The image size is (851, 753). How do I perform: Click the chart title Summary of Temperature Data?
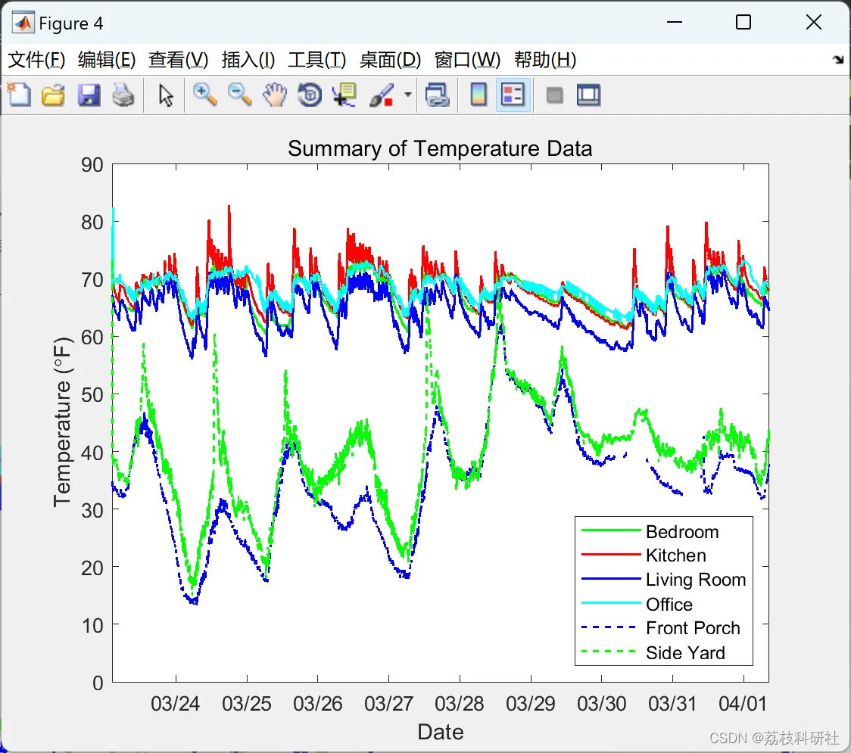point(439,148)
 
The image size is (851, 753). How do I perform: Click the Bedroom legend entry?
point(681,531)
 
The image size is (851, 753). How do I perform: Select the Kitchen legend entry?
point(675,555)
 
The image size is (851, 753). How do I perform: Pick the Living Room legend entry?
point(695,580)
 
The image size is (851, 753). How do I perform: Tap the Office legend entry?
point(669,604)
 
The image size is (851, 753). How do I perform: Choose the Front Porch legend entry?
point(692,628)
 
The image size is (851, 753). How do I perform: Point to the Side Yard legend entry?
point(684,652)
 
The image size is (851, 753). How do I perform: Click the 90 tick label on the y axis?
point(92,165)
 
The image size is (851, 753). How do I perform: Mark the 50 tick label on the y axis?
point(92,395)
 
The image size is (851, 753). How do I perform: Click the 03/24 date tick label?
point(175,704)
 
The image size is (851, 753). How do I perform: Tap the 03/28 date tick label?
point(460,704)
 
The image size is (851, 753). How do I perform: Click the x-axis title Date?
point(440,732)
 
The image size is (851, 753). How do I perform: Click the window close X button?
point(813,23)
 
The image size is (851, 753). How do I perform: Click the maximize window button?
point(743,23)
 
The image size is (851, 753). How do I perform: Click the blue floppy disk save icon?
point(89,95)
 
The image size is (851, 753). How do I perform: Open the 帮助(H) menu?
point(544,60)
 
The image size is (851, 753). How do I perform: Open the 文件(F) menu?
point(36,60)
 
